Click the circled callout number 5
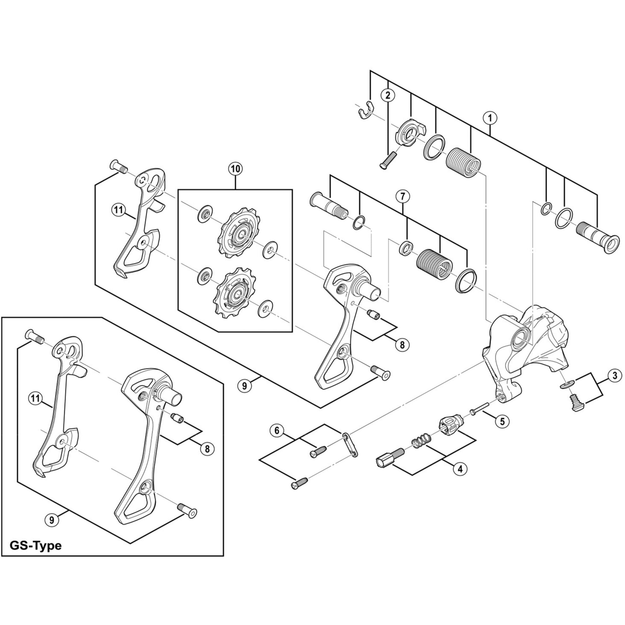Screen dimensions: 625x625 pyautogui.click(x=502, y=421)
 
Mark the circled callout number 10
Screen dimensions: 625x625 pyautogui.click(x=236, y=168)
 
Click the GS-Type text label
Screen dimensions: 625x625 pyautogui.click(x=36, y=546)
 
